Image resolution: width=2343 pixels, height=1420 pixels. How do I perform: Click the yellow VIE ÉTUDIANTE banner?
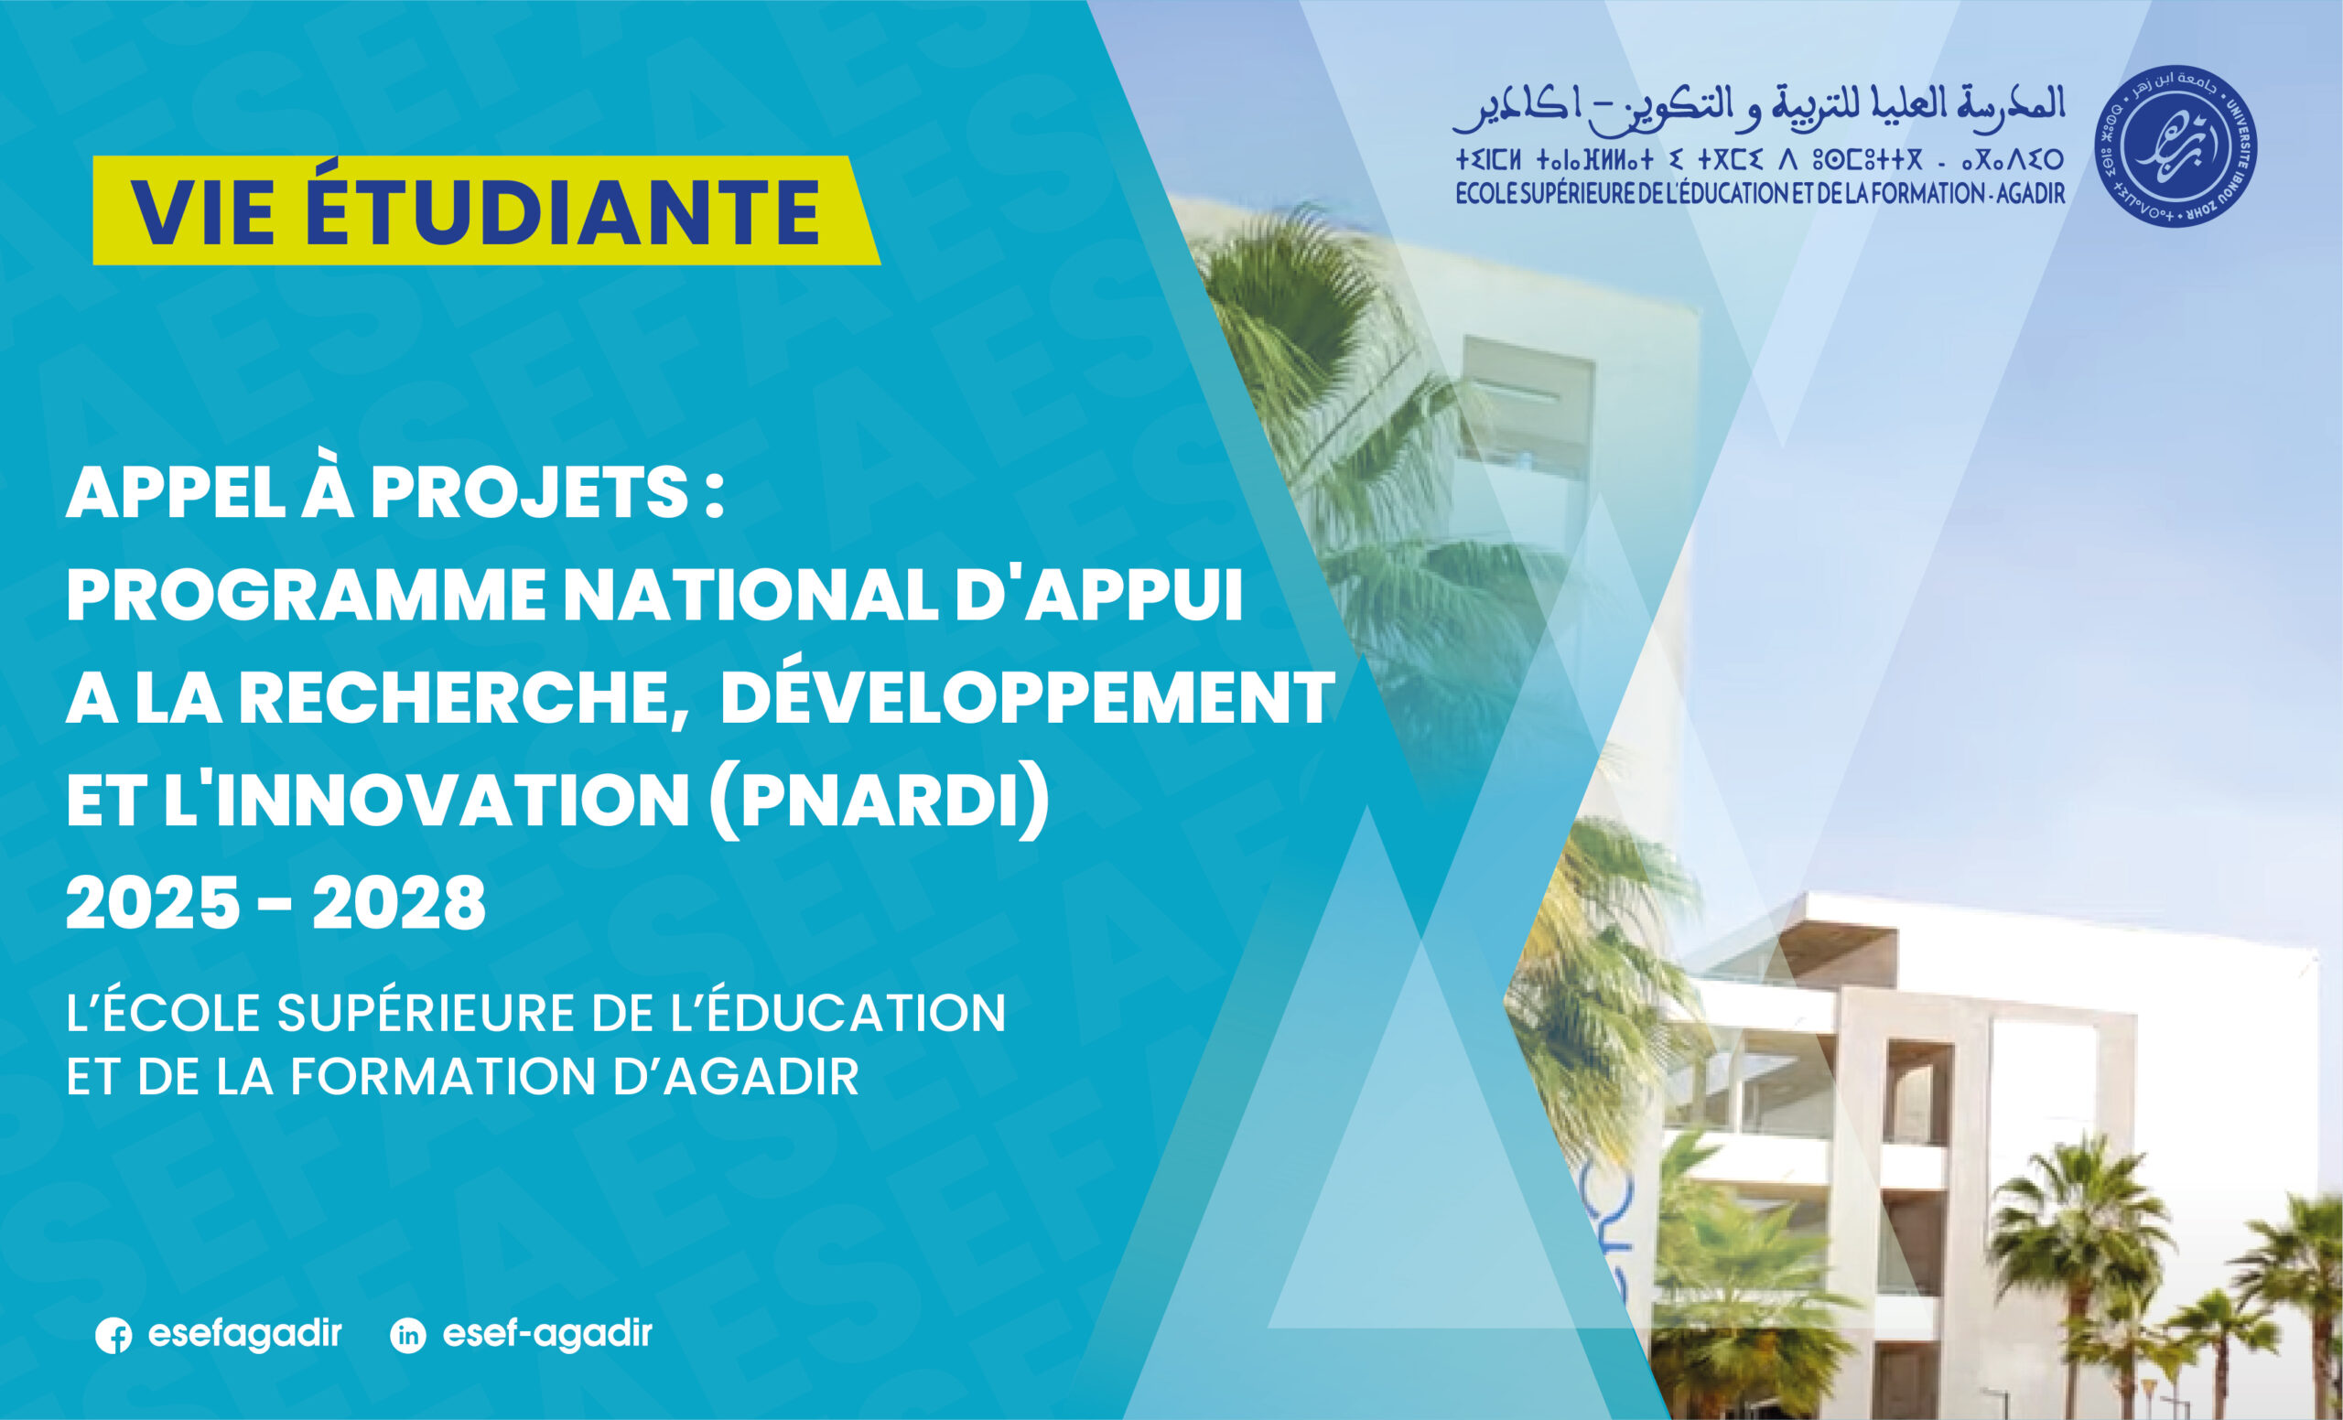[486, 210]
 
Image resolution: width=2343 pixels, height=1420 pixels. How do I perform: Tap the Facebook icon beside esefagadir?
[114, 1336]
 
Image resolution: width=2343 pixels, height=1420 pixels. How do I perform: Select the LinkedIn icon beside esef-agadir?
[408, 1336]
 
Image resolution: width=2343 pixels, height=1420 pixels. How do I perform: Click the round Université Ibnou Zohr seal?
[2176, 146]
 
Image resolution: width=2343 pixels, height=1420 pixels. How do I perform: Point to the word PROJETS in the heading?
[529, 494]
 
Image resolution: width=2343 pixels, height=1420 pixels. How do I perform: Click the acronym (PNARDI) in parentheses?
[880, 802]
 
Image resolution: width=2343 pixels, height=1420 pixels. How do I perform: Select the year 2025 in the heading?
[152, 904]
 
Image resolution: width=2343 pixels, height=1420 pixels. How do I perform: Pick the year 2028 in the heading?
[398, 904]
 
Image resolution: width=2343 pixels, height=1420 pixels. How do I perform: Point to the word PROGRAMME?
[306, 597]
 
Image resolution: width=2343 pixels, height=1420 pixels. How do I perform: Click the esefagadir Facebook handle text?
[244, 1333]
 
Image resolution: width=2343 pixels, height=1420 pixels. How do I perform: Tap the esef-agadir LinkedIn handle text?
[547, 1333]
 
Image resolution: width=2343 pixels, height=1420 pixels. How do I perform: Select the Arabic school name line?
[1759, 109]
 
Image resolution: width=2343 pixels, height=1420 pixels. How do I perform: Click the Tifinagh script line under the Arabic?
[1759, 158]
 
